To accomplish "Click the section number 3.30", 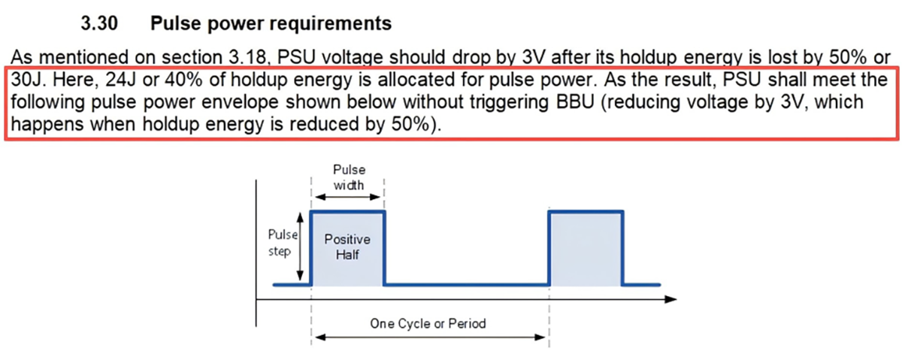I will tap(99, 24).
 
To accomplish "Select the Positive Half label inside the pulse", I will tap(347, 247).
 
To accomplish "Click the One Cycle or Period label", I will tap(428, 324).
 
